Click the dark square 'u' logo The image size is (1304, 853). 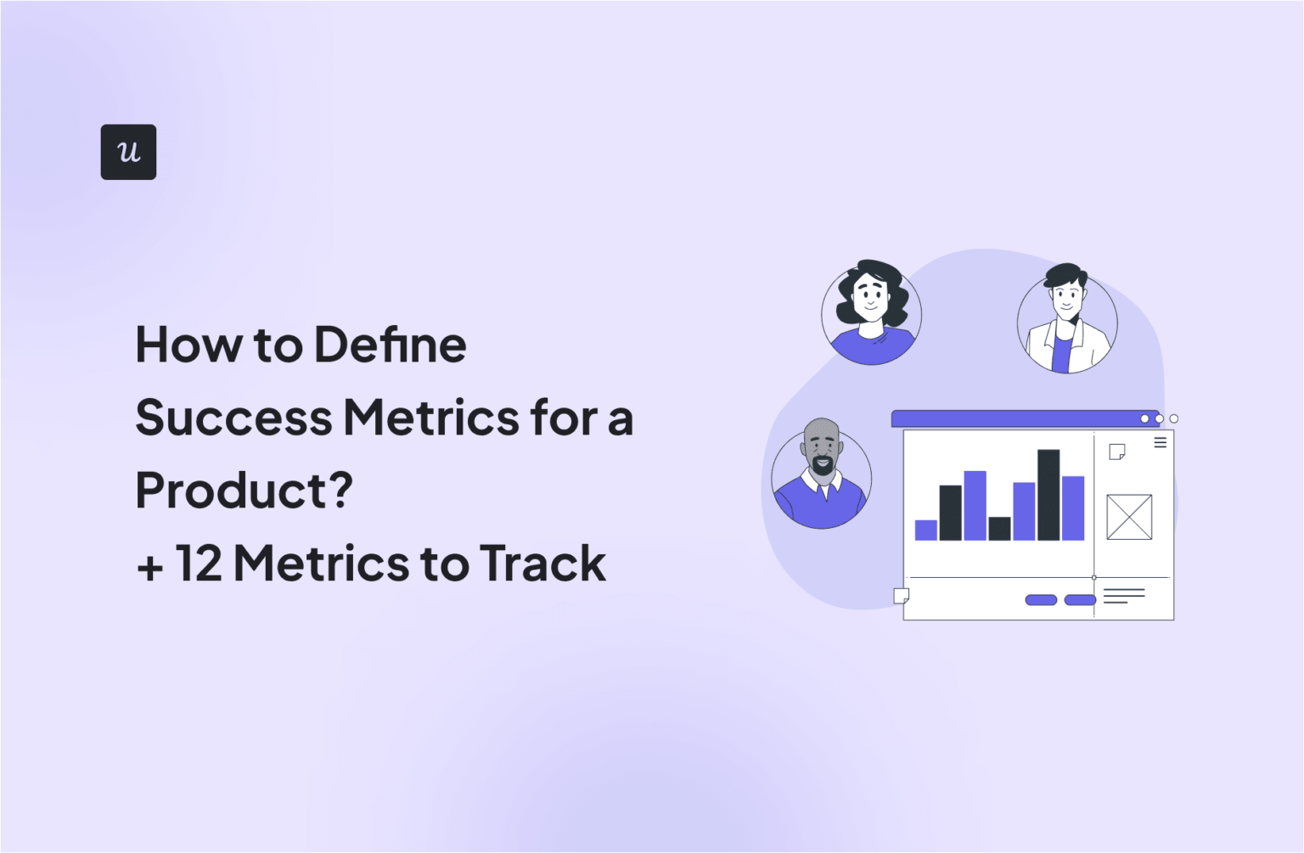[128, 152]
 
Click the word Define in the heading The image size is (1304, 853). [390, 345]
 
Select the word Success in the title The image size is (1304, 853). [233, 418]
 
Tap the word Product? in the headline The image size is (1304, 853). [244, 491]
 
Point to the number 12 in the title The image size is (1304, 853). [199, 564]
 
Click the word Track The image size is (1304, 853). [542, 564]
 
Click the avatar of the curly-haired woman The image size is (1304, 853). [871, 312]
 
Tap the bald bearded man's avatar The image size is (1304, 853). [821, 476]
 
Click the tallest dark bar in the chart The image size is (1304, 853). [1048, 495]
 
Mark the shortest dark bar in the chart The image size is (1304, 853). [999, 528]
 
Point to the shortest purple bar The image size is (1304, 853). [925, 530]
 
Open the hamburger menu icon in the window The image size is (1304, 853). [1160, 442]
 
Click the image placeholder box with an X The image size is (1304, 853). [1129, 517]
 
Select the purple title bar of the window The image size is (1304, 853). [1015, 418]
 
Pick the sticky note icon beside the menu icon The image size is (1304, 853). [1117, 452]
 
